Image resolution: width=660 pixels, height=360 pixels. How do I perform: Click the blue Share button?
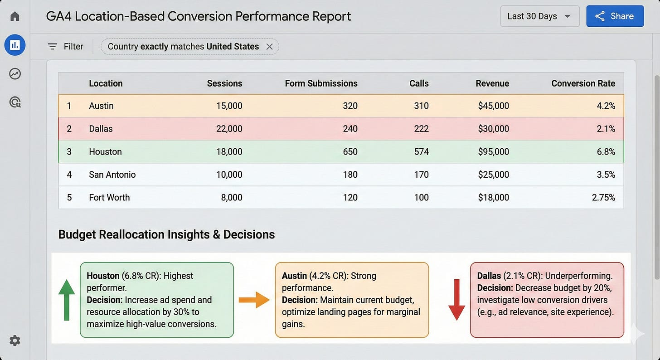click(x=615, y=16)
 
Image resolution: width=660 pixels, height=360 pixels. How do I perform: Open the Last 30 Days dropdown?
click(x=539, y=16)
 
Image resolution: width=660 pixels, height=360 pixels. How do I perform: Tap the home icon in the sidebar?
click(x=15, y=17)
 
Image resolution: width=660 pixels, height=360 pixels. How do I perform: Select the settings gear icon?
click(x=15, y=341)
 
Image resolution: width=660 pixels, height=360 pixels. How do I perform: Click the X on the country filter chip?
click(x=269, y=47)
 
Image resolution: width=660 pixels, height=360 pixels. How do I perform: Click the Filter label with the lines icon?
click(x=66, y=47)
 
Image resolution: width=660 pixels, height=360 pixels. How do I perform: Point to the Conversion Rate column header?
click(x=583, y=83)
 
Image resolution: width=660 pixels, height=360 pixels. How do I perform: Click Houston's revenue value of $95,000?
click(x=493, y=152)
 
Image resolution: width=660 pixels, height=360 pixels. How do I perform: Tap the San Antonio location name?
click(x=112, y=175)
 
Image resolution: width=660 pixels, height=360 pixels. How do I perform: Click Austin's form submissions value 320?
click(x=350, y=106)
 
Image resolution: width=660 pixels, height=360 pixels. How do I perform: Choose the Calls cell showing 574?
click(x=421, y=152)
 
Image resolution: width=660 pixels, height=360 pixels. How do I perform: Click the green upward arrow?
click(x=67, y=300)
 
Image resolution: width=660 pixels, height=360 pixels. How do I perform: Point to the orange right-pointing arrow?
click(x=254, y=300)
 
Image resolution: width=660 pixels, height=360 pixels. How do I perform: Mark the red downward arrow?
click(x=456, y=300)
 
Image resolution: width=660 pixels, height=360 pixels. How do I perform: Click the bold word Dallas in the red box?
click(x=489, y=276)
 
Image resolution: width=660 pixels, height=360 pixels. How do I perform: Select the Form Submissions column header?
click(x=321, y=83)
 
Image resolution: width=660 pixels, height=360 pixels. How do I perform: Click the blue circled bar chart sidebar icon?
click(x=15, y=45)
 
